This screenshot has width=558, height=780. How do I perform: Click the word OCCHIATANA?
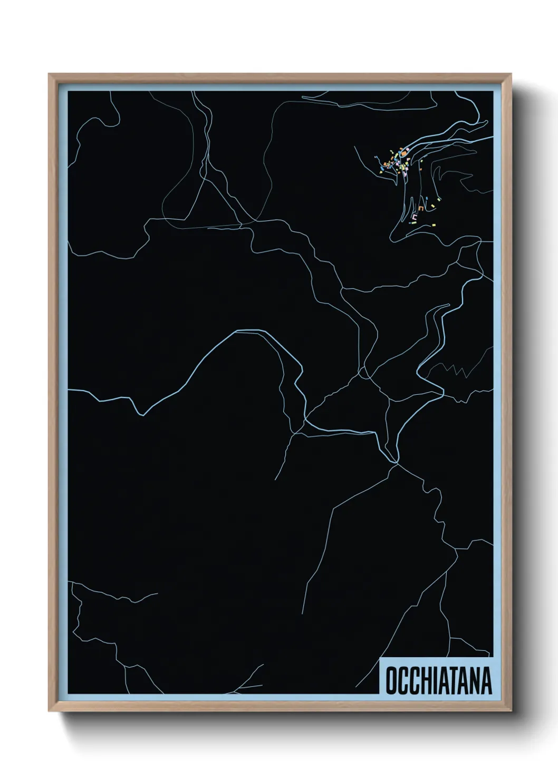tap(438, 680)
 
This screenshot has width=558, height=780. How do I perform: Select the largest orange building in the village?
tap(403, 153)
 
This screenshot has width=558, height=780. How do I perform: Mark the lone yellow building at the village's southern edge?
tap(435, 225)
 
